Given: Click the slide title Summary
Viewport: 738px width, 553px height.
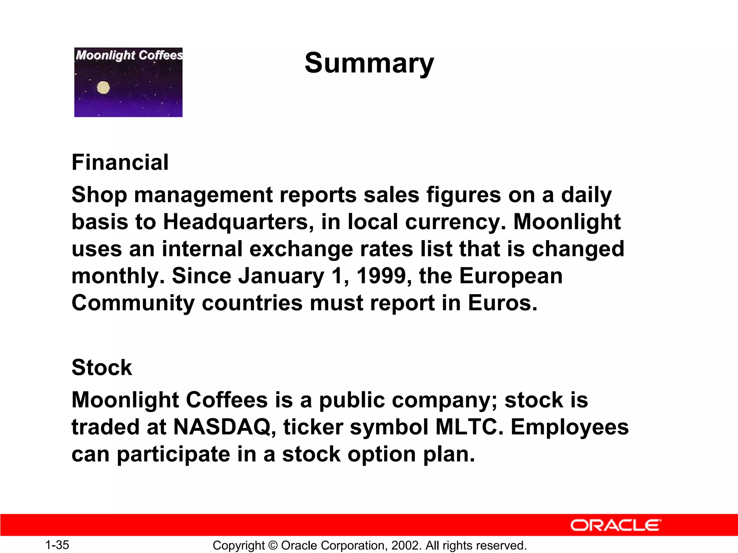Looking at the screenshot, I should pyautogui.click(x=369, y=63).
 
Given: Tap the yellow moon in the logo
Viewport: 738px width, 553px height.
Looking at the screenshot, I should pyautogui.click(x=103, y=87).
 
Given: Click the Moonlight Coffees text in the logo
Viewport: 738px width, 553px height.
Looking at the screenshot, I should pyautogui.click(x=129, y=55).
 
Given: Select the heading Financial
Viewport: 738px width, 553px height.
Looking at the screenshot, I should pyautogui.click(x=120, y=162).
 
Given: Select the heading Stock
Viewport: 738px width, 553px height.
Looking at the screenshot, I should pyautogui.click(x=102, y=368).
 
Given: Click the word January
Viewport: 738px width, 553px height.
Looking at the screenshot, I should pyautogui.click(x=281, y=276).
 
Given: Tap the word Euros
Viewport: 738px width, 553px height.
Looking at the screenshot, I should pyautogui.click(x=502, y=303).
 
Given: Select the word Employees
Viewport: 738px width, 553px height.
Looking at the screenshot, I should pyautogui.click(x=570, y=428).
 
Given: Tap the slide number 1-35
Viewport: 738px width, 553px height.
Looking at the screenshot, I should pyautogui.click(x=57, y=545).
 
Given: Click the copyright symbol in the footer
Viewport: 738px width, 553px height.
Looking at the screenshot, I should pyautogui.click(x=273, y=545).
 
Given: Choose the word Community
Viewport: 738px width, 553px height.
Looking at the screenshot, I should pyautogui.click(x=133, y=303).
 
